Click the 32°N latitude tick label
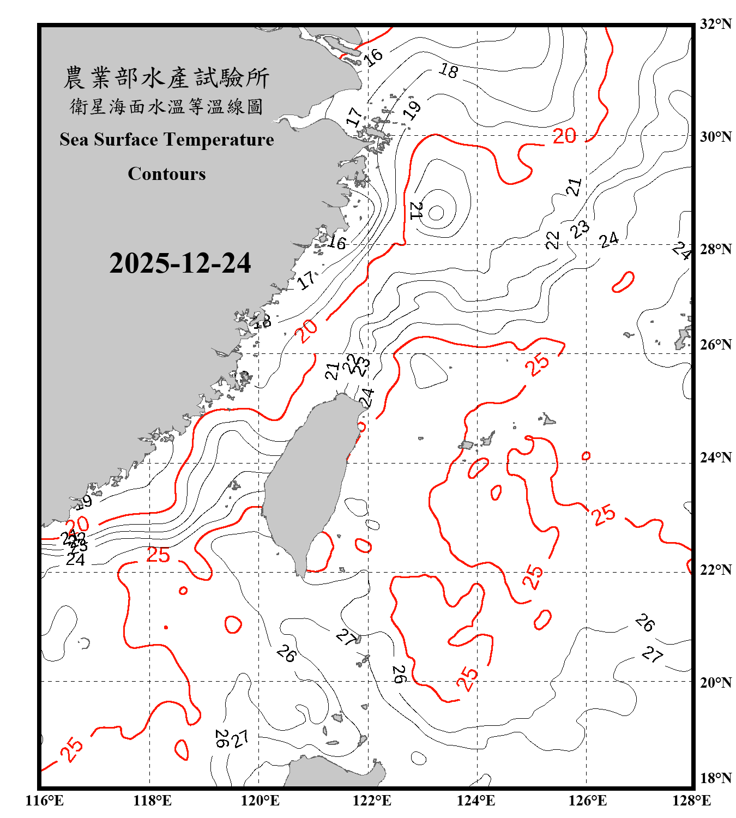(715, 24)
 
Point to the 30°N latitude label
(715, 136)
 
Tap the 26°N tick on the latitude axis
(715, 345)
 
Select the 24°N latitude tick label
(715, 457)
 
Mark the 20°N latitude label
(715, 682)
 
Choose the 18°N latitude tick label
(715, 778)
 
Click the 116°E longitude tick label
(45, 801)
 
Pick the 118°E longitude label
(152, 801)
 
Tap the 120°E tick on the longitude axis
(260, 801)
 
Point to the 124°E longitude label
(476, 801)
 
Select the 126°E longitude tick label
(587, 801)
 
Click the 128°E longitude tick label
(691, 801)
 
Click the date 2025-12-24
(180, 263)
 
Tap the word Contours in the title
(167, 174)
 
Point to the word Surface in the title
(126, 140)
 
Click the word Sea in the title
(75, 140)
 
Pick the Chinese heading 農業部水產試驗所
(166, 78)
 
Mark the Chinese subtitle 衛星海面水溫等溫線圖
(166, 106)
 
